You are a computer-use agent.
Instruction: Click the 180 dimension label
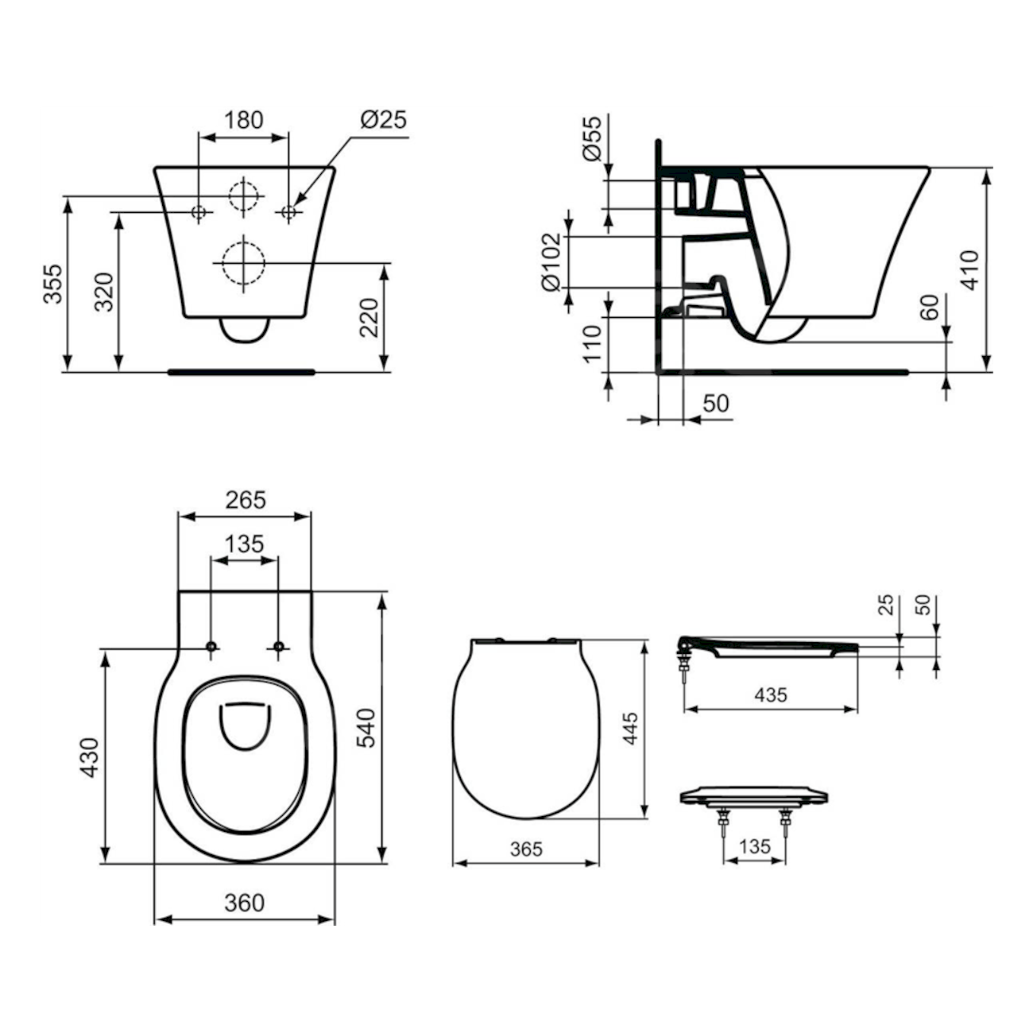(243, 120)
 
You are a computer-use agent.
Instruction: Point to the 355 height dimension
(52, 284)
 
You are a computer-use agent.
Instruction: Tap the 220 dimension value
(370, 317)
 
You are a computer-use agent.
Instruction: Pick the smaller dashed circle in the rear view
(244, 195)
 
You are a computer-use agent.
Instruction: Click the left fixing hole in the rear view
(199, 211)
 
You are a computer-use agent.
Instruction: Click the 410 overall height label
(969, 270)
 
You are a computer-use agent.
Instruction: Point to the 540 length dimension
(366, 727)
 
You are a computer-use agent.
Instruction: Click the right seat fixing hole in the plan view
(278, 646)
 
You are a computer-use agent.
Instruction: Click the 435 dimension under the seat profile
(770, 694)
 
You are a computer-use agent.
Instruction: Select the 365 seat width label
(525, 849)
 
